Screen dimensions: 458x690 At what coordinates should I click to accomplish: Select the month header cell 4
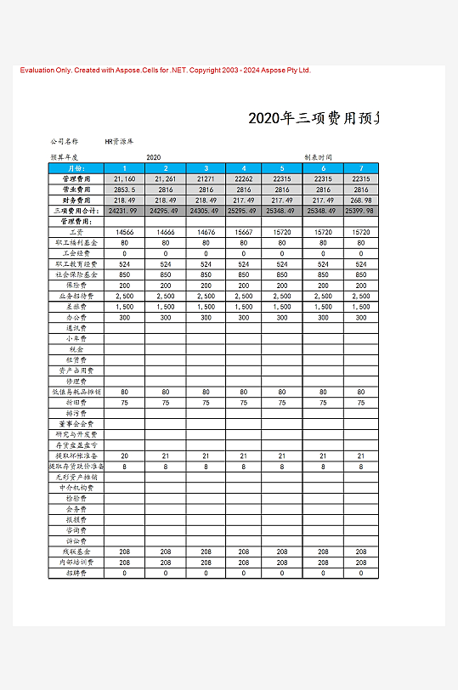tap(245, 168)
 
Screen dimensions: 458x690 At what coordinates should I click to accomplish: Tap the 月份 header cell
tap(76, 168)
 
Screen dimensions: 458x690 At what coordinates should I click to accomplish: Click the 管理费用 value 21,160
tap(124, 179)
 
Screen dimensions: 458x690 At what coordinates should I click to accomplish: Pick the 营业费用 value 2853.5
tap(124, 189)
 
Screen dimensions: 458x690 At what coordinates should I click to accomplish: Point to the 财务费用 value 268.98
tap(361, 200)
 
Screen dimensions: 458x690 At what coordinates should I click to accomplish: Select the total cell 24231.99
tap(124, 211)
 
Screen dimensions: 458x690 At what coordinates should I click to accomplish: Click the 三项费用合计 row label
tap(76, 211)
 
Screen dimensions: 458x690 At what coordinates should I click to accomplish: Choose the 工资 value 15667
tap(245, 232)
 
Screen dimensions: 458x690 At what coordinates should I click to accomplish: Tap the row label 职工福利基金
tap(76, 243)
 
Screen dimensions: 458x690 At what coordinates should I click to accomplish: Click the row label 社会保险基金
tap(76, 274)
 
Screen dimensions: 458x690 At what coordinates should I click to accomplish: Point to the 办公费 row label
tap(76, 317)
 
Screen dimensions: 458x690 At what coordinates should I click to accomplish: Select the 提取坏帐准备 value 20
tap(124, 455)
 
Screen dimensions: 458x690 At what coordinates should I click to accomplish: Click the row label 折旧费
tap(76, 402)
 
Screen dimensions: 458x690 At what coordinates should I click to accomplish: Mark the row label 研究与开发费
tap(76, 434)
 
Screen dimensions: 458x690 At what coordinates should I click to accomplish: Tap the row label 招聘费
tap(76, 573)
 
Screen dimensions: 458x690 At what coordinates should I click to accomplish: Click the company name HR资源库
tap(118, 141)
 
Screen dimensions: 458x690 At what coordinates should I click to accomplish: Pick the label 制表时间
tap(318, 157)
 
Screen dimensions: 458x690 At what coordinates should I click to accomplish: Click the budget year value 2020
tap(154, 157)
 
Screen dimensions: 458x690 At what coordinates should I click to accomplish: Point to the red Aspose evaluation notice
tap(165, 71)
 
